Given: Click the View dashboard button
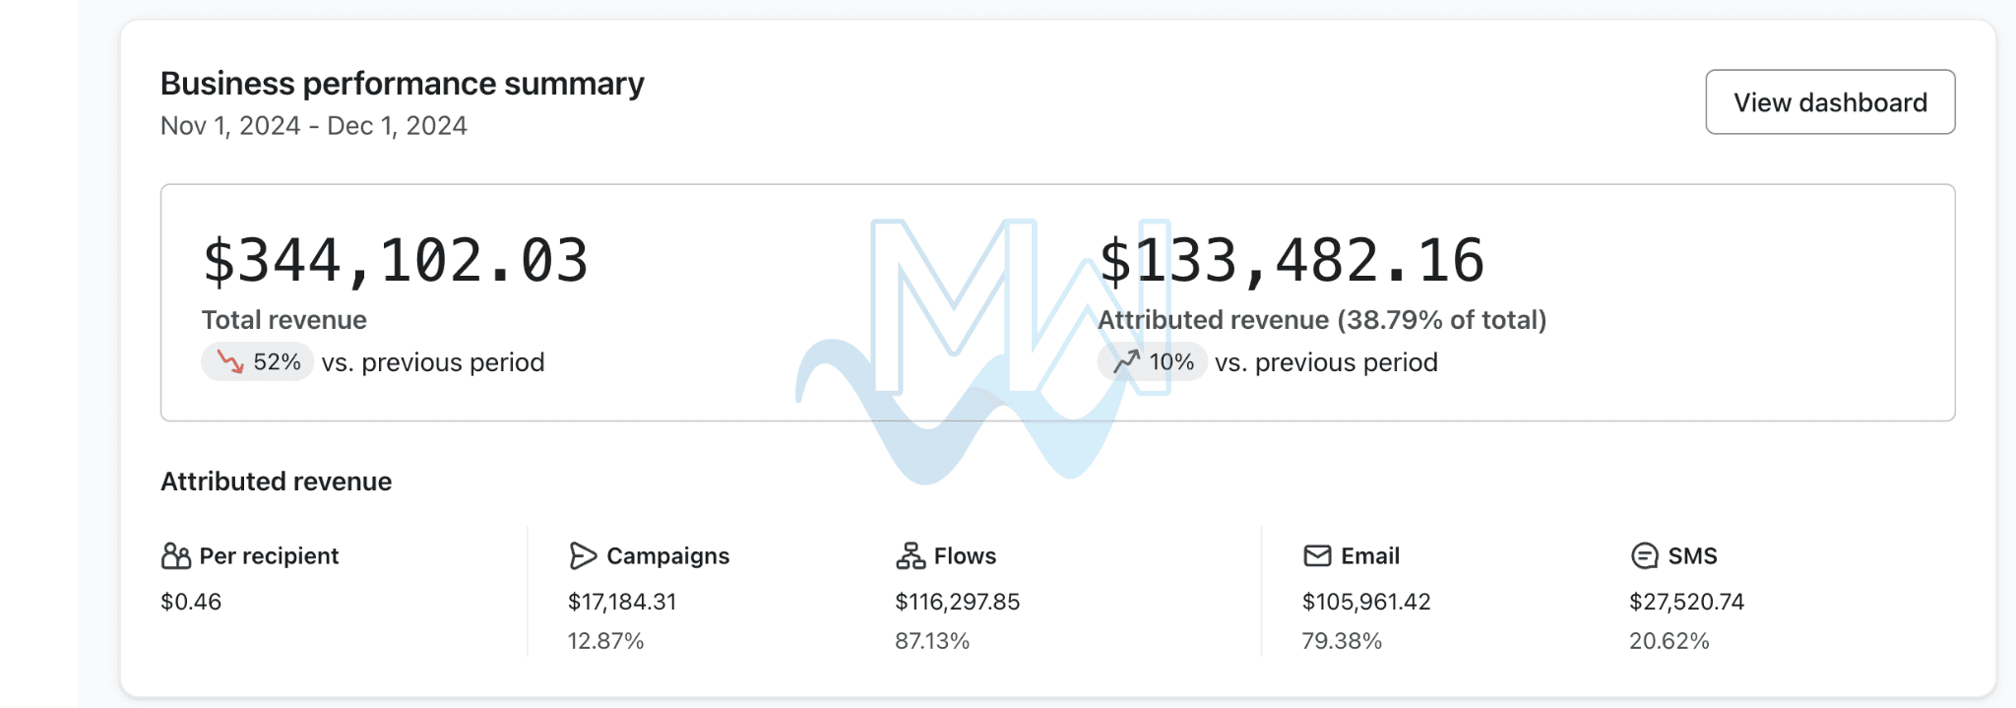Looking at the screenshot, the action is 1830,102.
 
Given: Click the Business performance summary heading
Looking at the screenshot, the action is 402,84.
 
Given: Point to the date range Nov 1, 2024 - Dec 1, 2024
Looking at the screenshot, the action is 313,126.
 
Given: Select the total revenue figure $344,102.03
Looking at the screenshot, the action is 395,261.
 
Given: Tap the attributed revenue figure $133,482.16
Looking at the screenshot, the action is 1291,261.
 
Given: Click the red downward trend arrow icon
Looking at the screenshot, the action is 230,362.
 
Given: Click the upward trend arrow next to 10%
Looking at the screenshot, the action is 1126,362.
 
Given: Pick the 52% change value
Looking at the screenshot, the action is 277,362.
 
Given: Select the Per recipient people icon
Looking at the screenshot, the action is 176,556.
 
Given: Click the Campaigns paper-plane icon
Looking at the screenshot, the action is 583,556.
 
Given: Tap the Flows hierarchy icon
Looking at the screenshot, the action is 911,556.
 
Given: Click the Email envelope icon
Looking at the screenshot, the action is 1317,556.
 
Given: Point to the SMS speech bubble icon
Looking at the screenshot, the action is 1644,556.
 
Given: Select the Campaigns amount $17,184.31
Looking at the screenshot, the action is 622,602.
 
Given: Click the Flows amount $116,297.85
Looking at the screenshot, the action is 957,602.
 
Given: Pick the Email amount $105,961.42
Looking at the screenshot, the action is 1366,602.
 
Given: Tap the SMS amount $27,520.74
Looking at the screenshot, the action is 1686,602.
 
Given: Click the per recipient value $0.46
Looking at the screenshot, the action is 191,602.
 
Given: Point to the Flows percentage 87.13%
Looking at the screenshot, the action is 932,641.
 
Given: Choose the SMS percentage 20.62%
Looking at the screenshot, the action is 1669,641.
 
